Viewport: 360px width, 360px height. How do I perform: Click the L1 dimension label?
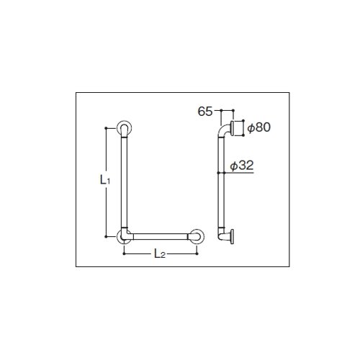point(105,180)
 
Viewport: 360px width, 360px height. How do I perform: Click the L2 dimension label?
point(160,253)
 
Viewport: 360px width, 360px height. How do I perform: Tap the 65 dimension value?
point(205,112)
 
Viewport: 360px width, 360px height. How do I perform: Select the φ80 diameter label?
point(259,127)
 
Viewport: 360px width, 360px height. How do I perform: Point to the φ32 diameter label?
point(242,166)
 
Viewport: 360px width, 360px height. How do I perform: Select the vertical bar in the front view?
point(124,182)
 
